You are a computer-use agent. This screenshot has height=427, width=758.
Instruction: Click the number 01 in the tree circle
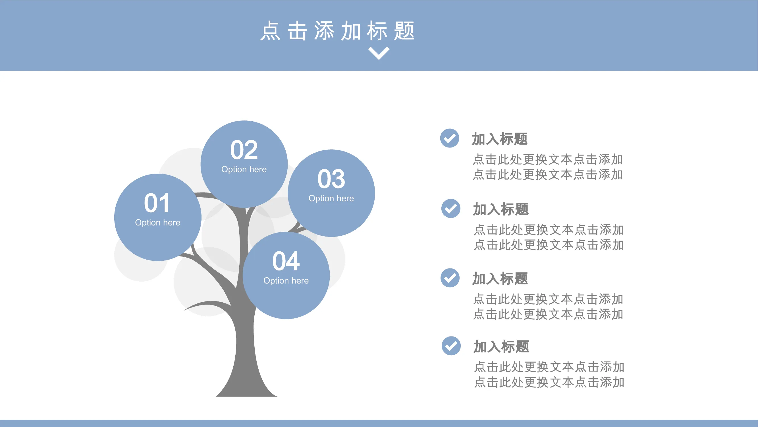[x=157, y=203]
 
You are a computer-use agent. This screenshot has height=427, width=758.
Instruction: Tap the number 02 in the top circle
[x=244, y=150]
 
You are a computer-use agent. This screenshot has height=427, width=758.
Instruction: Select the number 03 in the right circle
[x=331, y=179]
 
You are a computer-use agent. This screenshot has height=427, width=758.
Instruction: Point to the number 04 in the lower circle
[x=286, y=261]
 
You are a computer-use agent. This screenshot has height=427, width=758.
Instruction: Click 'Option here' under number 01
[x=158, y=223]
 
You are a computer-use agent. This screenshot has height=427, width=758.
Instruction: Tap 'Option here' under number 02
[x=244, y=169]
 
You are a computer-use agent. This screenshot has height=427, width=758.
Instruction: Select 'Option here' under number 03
[x=331, y=198]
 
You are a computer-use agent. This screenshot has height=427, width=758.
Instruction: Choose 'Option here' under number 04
[x=286, y=281]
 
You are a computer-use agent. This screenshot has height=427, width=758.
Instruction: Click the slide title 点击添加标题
[x=338, y=31]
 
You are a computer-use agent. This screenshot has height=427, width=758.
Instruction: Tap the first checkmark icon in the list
[x=450, y=138]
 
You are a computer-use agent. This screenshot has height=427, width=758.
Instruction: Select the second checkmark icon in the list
[x=451, y=209]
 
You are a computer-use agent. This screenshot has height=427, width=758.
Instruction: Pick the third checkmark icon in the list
[x=450, y=278]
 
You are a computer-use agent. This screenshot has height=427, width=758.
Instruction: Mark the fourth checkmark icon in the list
[x=451, y=346]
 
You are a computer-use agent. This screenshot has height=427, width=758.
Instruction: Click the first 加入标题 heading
[x=500, y=139]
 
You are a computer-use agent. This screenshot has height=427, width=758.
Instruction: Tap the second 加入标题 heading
[x=501, y=210]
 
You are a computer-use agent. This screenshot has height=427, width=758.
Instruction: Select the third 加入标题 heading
[x=500, y=279]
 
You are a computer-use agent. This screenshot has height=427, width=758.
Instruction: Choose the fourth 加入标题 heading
[x=501, y=346]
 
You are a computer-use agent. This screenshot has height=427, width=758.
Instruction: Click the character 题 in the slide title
[x=404, y=31]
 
